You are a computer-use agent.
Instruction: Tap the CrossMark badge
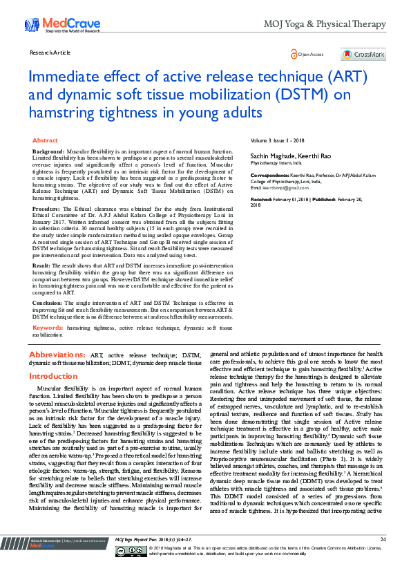click(x=363, y=54)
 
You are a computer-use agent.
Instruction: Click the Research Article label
click(x=50, y=53)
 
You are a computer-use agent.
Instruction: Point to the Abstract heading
click(x=46, y=140)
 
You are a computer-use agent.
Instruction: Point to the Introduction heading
click(x=54, y=376)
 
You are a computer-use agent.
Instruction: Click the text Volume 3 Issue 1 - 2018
click(x=278, y=140)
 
